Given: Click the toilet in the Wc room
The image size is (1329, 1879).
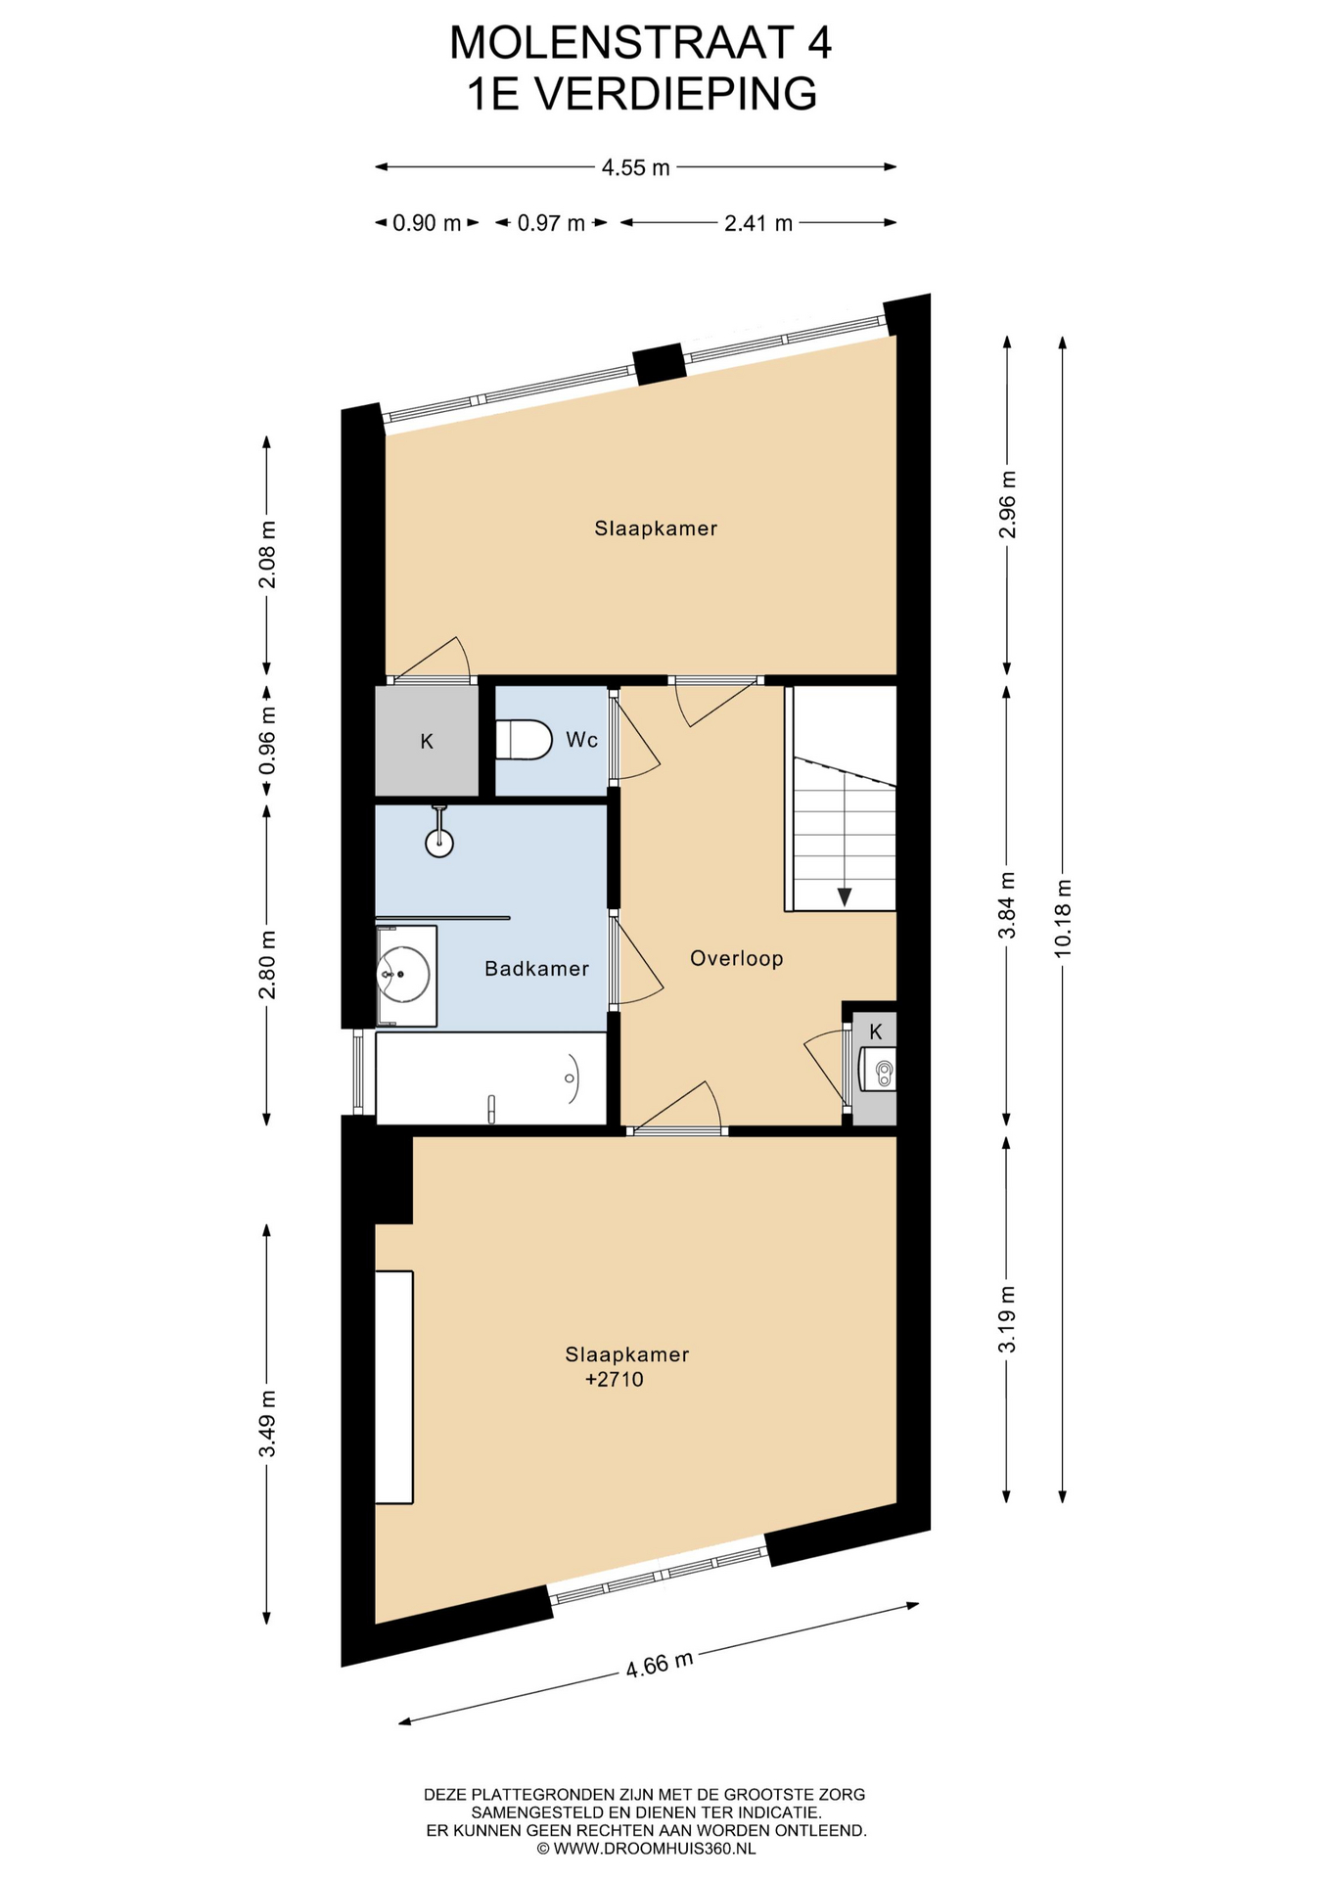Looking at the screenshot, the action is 525,740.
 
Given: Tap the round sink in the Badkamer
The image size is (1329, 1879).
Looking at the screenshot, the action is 403,975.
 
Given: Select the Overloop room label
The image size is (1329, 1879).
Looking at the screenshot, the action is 737,959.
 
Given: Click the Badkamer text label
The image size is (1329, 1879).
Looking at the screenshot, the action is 537,969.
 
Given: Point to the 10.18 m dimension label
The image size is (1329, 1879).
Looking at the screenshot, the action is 1064,917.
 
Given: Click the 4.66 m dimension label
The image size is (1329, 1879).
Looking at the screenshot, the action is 660,1664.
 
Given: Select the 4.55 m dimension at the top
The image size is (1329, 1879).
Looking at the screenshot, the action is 636,167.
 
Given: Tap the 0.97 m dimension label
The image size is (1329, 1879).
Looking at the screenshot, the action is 551,223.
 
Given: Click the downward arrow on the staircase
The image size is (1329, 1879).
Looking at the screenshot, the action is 844,895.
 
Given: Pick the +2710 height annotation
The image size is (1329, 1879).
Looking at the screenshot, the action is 615,1380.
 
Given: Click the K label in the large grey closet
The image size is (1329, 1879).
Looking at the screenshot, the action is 427,742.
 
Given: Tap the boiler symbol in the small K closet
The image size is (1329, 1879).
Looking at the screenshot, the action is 877,1069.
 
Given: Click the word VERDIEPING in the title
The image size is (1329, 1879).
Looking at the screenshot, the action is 676,94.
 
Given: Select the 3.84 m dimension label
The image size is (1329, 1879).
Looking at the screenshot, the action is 1007,905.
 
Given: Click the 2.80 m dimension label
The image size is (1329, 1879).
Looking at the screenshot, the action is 267,964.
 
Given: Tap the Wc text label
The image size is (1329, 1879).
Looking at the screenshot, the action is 582,741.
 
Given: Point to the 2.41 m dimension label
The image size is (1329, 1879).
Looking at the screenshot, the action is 758,223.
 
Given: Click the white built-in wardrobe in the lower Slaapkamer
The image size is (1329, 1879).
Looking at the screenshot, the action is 394,1387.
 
